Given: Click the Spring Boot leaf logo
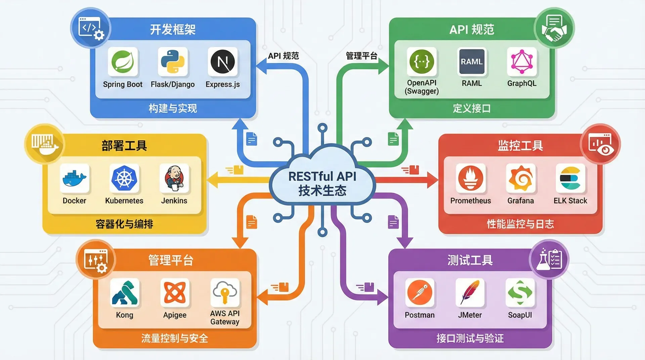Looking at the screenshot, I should click(x=123, y=62).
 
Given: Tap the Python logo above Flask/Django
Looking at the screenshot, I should click(x=173, y=62).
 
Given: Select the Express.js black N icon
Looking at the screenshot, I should click(x=222, y=62).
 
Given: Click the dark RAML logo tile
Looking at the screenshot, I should click(x=472, y=62).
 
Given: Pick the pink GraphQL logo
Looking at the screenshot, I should click(x=522, y=62).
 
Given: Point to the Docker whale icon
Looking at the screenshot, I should click(x=75, y=178).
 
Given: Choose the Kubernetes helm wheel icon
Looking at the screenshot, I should click(x=124, y=178).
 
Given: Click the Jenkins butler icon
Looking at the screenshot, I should click(x=174, y=178).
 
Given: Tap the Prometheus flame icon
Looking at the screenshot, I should click(x=471, y=178).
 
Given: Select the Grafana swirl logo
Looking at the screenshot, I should click(x=520, y=178).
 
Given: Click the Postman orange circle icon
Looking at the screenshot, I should click(x=420, y=292).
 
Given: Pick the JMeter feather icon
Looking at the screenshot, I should click(x=470, y=292).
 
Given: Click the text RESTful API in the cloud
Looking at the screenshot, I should click(x=322, y=176).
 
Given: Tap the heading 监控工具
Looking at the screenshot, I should click(x=520, y=146).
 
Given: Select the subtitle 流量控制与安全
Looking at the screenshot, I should click(x=175, y=338).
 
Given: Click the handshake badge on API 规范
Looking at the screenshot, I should click(x=554, y=28).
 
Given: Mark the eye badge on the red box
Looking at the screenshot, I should click(x=600, y=144).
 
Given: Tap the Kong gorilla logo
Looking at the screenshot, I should click(x=125, y=292).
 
